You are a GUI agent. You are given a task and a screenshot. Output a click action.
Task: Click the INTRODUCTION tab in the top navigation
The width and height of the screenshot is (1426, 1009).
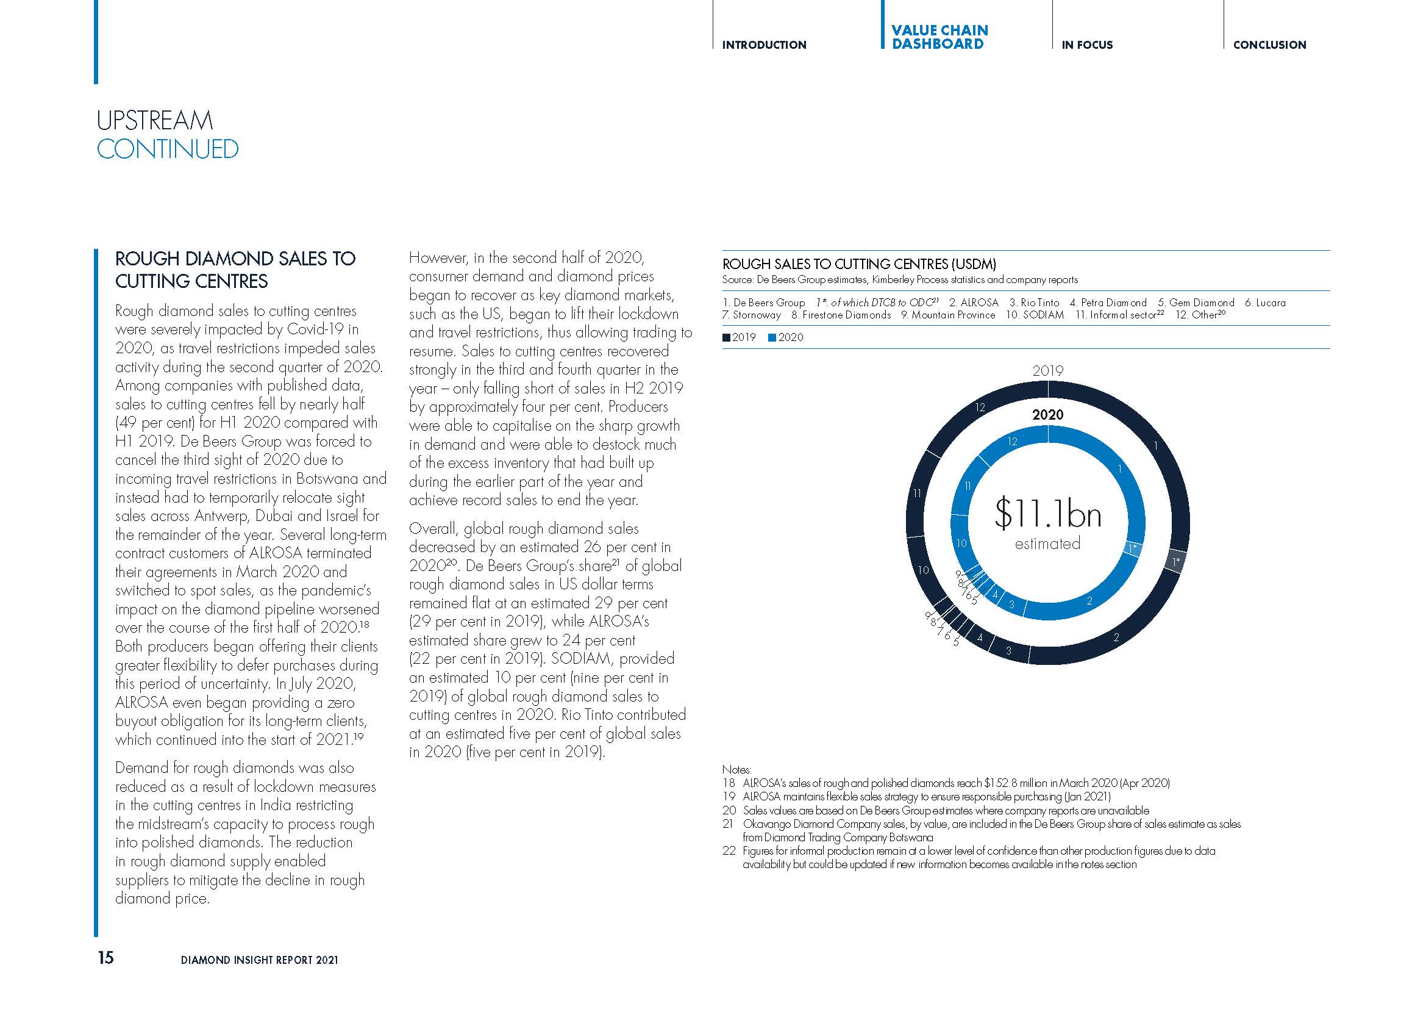coord(764,45)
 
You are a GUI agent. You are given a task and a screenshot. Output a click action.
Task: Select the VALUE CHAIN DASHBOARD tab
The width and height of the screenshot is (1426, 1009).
coord(938,37)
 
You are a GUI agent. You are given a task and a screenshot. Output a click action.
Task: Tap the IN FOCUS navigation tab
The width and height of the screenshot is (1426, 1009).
coord(1087,45)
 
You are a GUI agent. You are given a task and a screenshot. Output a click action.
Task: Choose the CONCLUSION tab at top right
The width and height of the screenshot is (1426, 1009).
coord(1269,45)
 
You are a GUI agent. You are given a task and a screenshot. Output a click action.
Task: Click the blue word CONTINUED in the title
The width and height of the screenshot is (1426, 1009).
coord(168,149)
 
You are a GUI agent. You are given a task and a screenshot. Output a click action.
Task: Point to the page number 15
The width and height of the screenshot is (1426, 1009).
coord(105,957)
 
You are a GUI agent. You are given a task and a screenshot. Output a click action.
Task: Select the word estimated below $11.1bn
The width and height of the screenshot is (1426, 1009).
coord(1047,544)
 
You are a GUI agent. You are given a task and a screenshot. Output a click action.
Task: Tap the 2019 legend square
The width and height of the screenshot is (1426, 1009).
coord(727,338)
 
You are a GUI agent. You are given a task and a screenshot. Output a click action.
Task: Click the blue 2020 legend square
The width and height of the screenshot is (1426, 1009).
coord(772,338)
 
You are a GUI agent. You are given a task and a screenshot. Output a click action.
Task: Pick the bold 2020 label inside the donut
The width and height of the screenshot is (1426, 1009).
coord(1048,414)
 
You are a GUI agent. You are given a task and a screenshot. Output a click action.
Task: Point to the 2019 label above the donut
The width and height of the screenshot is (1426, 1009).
coord(1048,371)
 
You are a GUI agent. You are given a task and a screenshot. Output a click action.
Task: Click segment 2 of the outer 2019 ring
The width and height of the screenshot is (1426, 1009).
coord(1116,637)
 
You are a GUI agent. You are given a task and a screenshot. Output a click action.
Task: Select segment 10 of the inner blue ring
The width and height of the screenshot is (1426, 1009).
coord(961,544)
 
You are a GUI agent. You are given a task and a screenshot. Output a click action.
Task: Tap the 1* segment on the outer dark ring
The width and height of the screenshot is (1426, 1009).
coord(1175,562)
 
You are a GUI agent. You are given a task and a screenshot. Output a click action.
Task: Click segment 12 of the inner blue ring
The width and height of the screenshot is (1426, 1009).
coord(1013,442)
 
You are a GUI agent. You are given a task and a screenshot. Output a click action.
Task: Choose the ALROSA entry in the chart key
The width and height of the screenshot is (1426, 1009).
coord(974,303)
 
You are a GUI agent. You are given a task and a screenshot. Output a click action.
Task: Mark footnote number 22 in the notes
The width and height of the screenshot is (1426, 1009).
coord(729,850)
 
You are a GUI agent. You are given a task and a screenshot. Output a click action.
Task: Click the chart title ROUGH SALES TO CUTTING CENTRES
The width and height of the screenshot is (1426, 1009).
coord(859,264)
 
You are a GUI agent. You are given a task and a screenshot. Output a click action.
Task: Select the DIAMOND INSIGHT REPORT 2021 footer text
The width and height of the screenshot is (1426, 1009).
coord(260,960)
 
